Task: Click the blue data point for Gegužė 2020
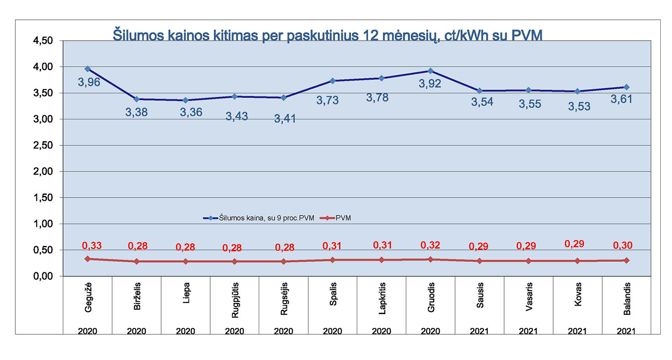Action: [x=88, y=69]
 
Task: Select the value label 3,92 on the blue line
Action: [x=430, y=84]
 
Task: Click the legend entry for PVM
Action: [x=343, y=218]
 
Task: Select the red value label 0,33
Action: [x=91, y=246]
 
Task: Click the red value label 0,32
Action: [x=430, y=245]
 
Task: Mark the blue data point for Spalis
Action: [x=333, y=81]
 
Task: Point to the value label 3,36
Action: [x=191, y=112]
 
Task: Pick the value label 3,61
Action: [x=621, y=99]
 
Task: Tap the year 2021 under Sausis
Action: [x=479, y=331]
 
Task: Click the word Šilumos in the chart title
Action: [x=135, y=36]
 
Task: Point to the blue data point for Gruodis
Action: [x=431, y=71]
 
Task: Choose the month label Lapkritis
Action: [x=382, y=300]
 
